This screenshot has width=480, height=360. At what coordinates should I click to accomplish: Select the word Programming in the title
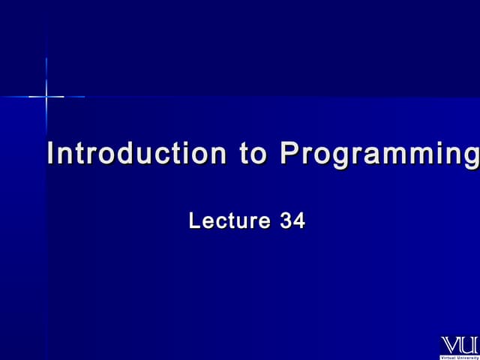click(x=379, y=155)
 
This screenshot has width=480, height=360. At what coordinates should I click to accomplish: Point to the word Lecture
click(x=229, y=221)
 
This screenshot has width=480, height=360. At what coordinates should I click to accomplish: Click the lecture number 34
click(x=292, y=221)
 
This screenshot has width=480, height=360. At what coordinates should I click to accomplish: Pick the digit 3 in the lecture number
click(x=286, y=221)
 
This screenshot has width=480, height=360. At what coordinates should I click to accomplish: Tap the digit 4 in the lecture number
click(x=299, y=221)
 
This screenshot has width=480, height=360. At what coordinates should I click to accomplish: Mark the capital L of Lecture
click(x=194, y=221)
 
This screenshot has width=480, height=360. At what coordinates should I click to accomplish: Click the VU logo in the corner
click(x=459, y=346)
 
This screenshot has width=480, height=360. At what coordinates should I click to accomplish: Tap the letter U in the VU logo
click(x=469, y=345)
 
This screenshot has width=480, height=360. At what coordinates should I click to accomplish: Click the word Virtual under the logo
click(x=448, y=358)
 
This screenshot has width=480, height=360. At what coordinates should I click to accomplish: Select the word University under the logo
click(x=468, y=358)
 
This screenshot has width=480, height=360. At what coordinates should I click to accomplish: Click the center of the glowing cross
click(x=46, y=96)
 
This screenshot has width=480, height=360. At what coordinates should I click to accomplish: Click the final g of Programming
click(x=472, y=157)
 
